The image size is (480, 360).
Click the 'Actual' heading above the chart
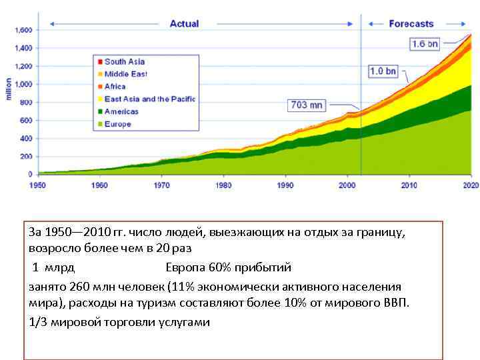pyautogui.click(x=184, y=24)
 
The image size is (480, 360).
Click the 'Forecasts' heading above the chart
pyautogui.click(x=411, y=24)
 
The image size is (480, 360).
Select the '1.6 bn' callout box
pyautogui.click(x=425, y=44)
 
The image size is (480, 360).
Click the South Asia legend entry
pyautogui.click(x=124, y=62)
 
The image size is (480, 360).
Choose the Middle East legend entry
pyautogui.click(x=125, y=74)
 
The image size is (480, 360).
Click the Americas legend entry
pyautogui.click(x=121, y=111)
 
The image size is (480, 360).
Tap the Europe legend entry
pyautogui.click(x=117, y=124)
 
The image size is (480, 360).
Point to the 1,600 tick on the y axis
pyautogui.click(x=23, y=31)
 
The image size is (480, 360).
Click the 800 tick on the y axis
pyautogui.click(x=26, y=103)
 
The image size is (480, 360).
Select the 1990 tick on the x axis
pyautogui.click(x=285, y=185)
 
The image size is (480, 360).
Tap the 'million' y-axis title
pyautogui.click(x=9, y=89)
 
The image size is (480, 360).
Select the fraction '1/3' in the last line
pyautogui.click(x=37, y=322)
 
